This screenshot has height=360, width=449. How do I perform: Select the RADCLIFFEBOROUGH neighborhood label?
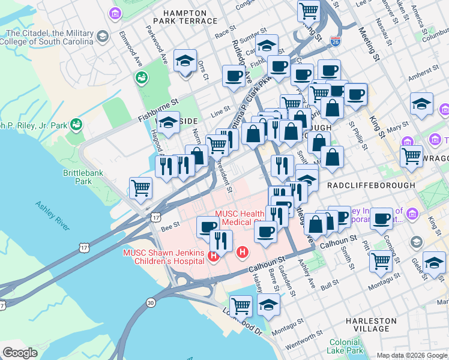coord(371,186)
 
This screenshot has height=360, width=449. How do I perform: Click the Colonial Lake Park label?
coord(346,346)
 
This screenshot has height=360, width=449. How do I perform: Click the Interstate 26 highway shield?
coord(336,41)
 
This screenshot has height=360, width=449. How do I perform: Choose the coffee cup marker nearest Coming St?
coord(381,218)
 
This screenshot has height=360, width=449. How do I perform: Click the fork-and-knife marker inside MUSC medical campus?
coord(221,240)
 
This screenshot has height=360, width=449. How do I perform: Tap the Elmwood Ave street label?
coord(129,42)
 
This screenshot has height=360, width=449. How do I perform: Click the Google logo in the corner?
coord(19,353)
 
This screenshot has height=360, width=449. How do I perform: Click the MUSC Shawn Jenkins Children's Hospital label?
coord(163,257)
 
